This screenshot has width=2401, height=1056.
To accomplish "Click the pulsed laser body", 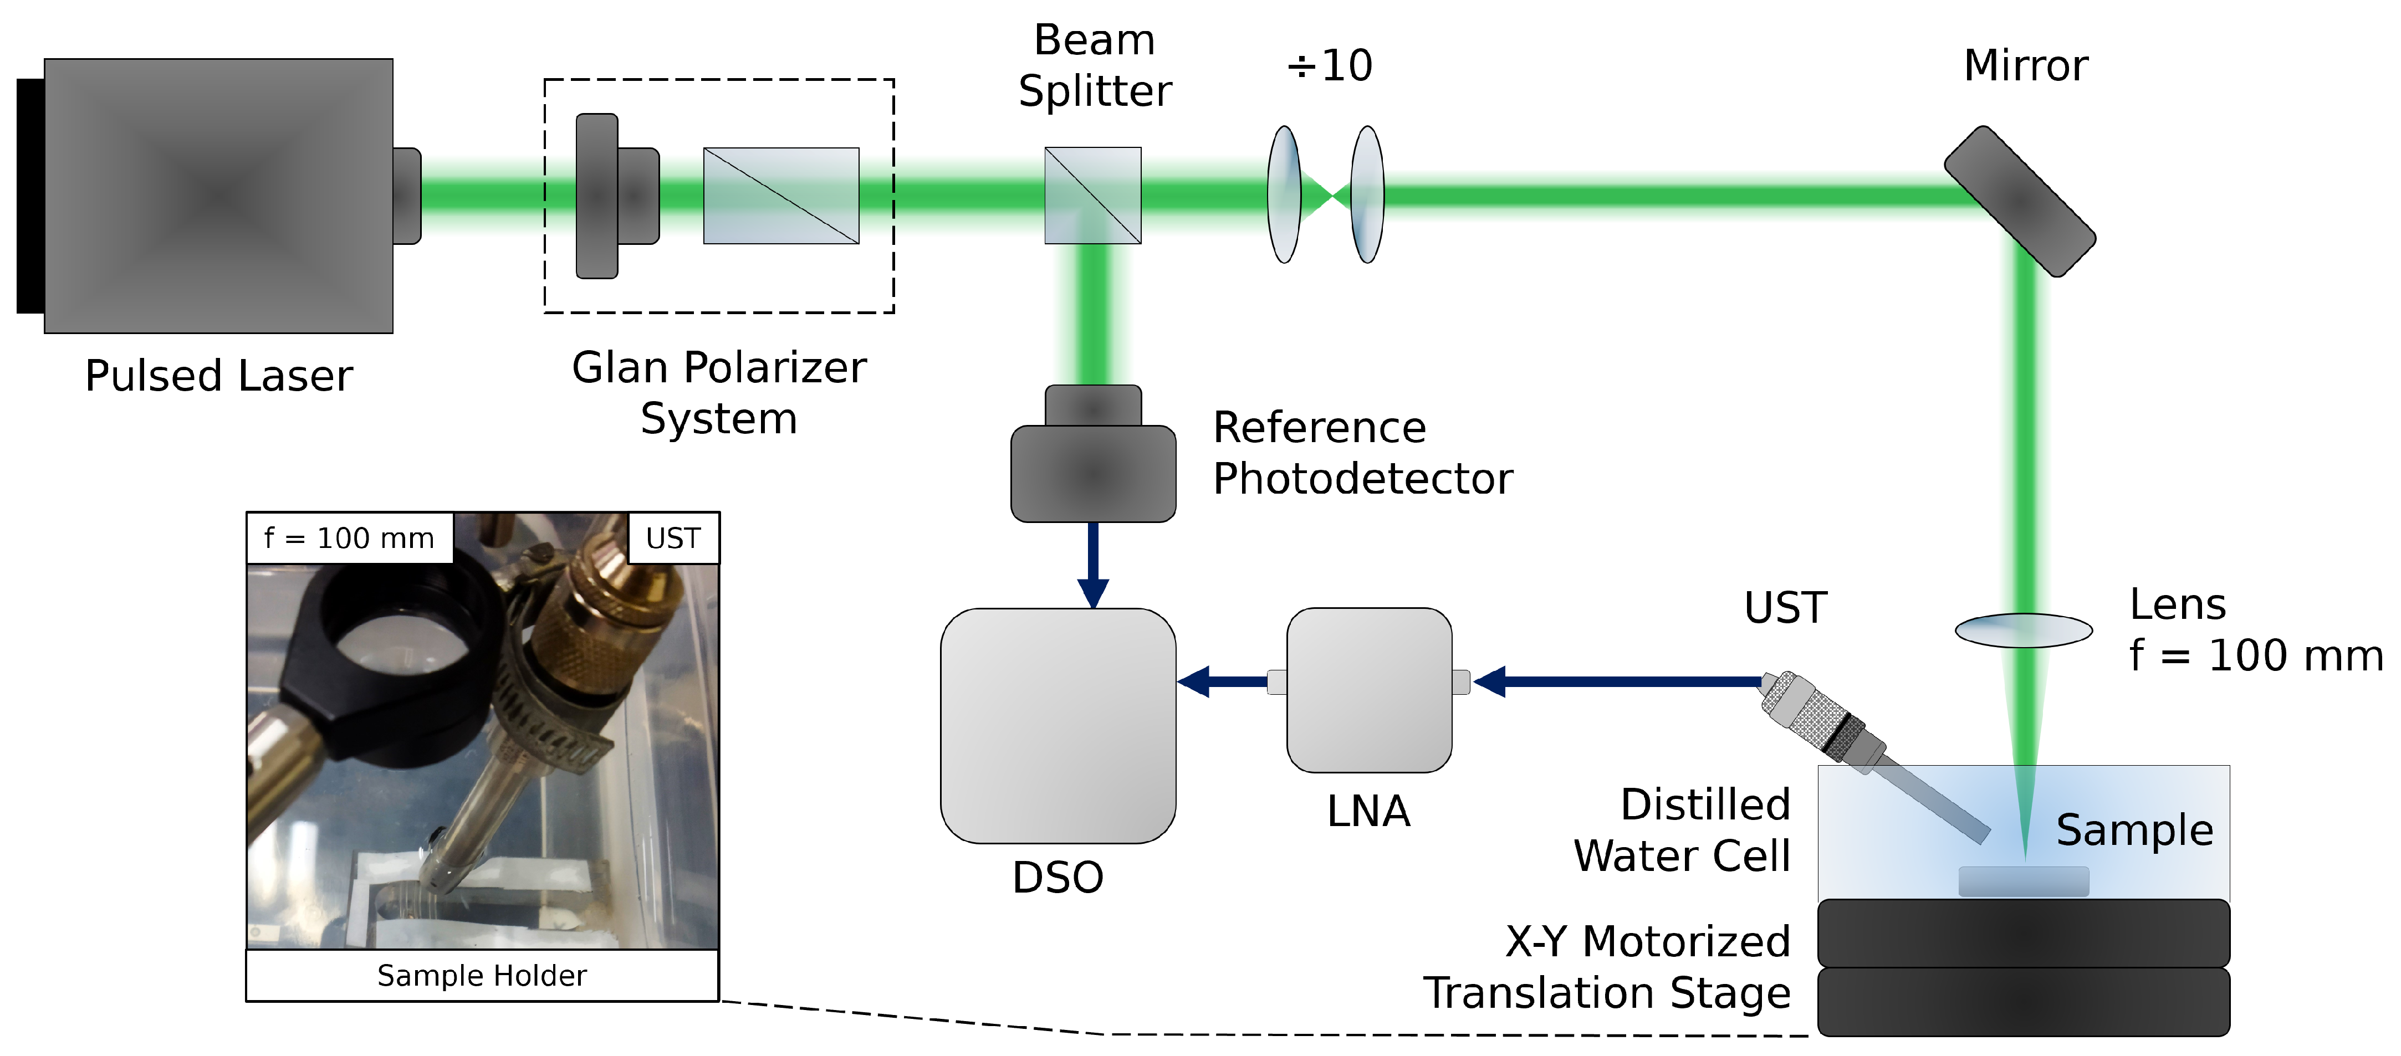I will (218, 196).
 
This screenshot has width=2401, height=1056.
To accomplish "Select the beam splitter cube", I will (1092, 196).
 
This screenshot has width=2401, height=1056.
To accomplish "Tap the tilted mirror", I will (2019, 201).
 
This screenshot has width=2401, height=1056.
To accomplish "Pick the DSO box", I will (1058, 725).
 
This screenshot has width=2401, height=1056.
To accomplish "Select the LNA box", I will (1368, 690).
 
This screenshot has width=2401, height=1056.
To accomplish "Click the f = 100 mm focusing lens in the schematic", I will (2022, 630).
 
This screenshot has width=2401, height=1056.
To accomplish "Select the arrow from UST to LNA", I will (1622, 681).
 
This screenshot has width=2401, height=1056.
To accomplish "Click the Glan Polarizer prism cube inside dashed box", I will (781, 196).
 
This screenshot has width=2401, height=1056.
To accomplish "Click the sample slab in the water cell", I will (2022, 881).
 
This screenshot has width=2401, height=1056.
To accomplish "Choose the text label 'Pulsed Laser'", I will (218, 376).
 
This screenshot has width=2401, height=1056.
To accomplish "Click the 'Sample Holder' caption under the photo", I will (482, 975).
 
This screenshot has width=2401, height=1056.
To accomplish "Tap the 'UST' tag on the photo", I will (673, 538).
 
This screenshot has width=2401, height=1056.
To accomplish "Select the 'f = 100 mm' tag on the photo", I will (350, 538).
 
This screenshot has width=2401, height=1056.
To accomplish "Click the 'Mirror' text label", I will (2025, 65).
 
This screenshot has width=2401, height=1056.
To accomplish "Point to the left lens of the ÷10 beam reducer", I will (1284, 195).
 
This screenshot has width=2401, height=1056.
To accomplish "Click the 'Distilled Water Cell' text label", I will (1682, 829).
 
